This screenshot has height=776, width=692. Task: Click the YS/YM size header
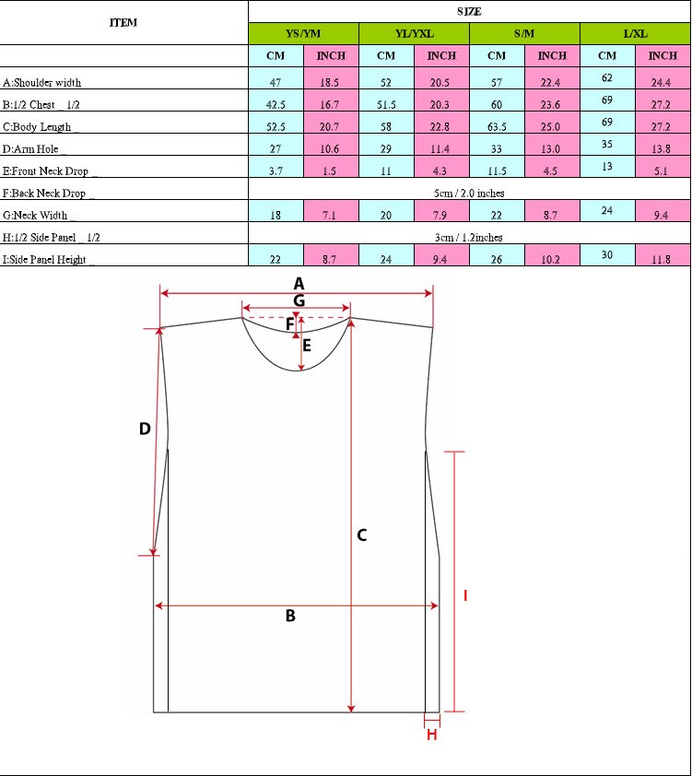coord(303,34)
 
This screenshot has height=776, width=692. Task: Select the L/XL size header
coord(635,34)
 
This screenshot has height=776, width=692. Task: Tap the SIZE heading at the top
coord(469,11)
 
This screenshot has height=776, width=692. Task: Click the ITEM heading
coord(123,22)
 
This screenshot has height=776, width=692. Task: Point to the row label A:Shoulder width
coord(41,83)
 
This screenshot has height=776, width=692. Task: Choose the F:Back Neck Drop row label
coord(48,193)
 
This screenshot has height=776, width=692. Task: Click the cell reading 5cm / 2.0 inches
coord(469,193)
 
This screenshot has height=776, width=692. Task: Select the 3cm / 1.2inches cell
coord(469,237)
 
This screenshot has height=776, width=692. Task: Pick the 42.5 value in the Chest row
coord(276,105)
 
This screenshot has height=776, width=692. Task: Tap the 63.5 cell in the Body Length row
coord(497,126)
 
